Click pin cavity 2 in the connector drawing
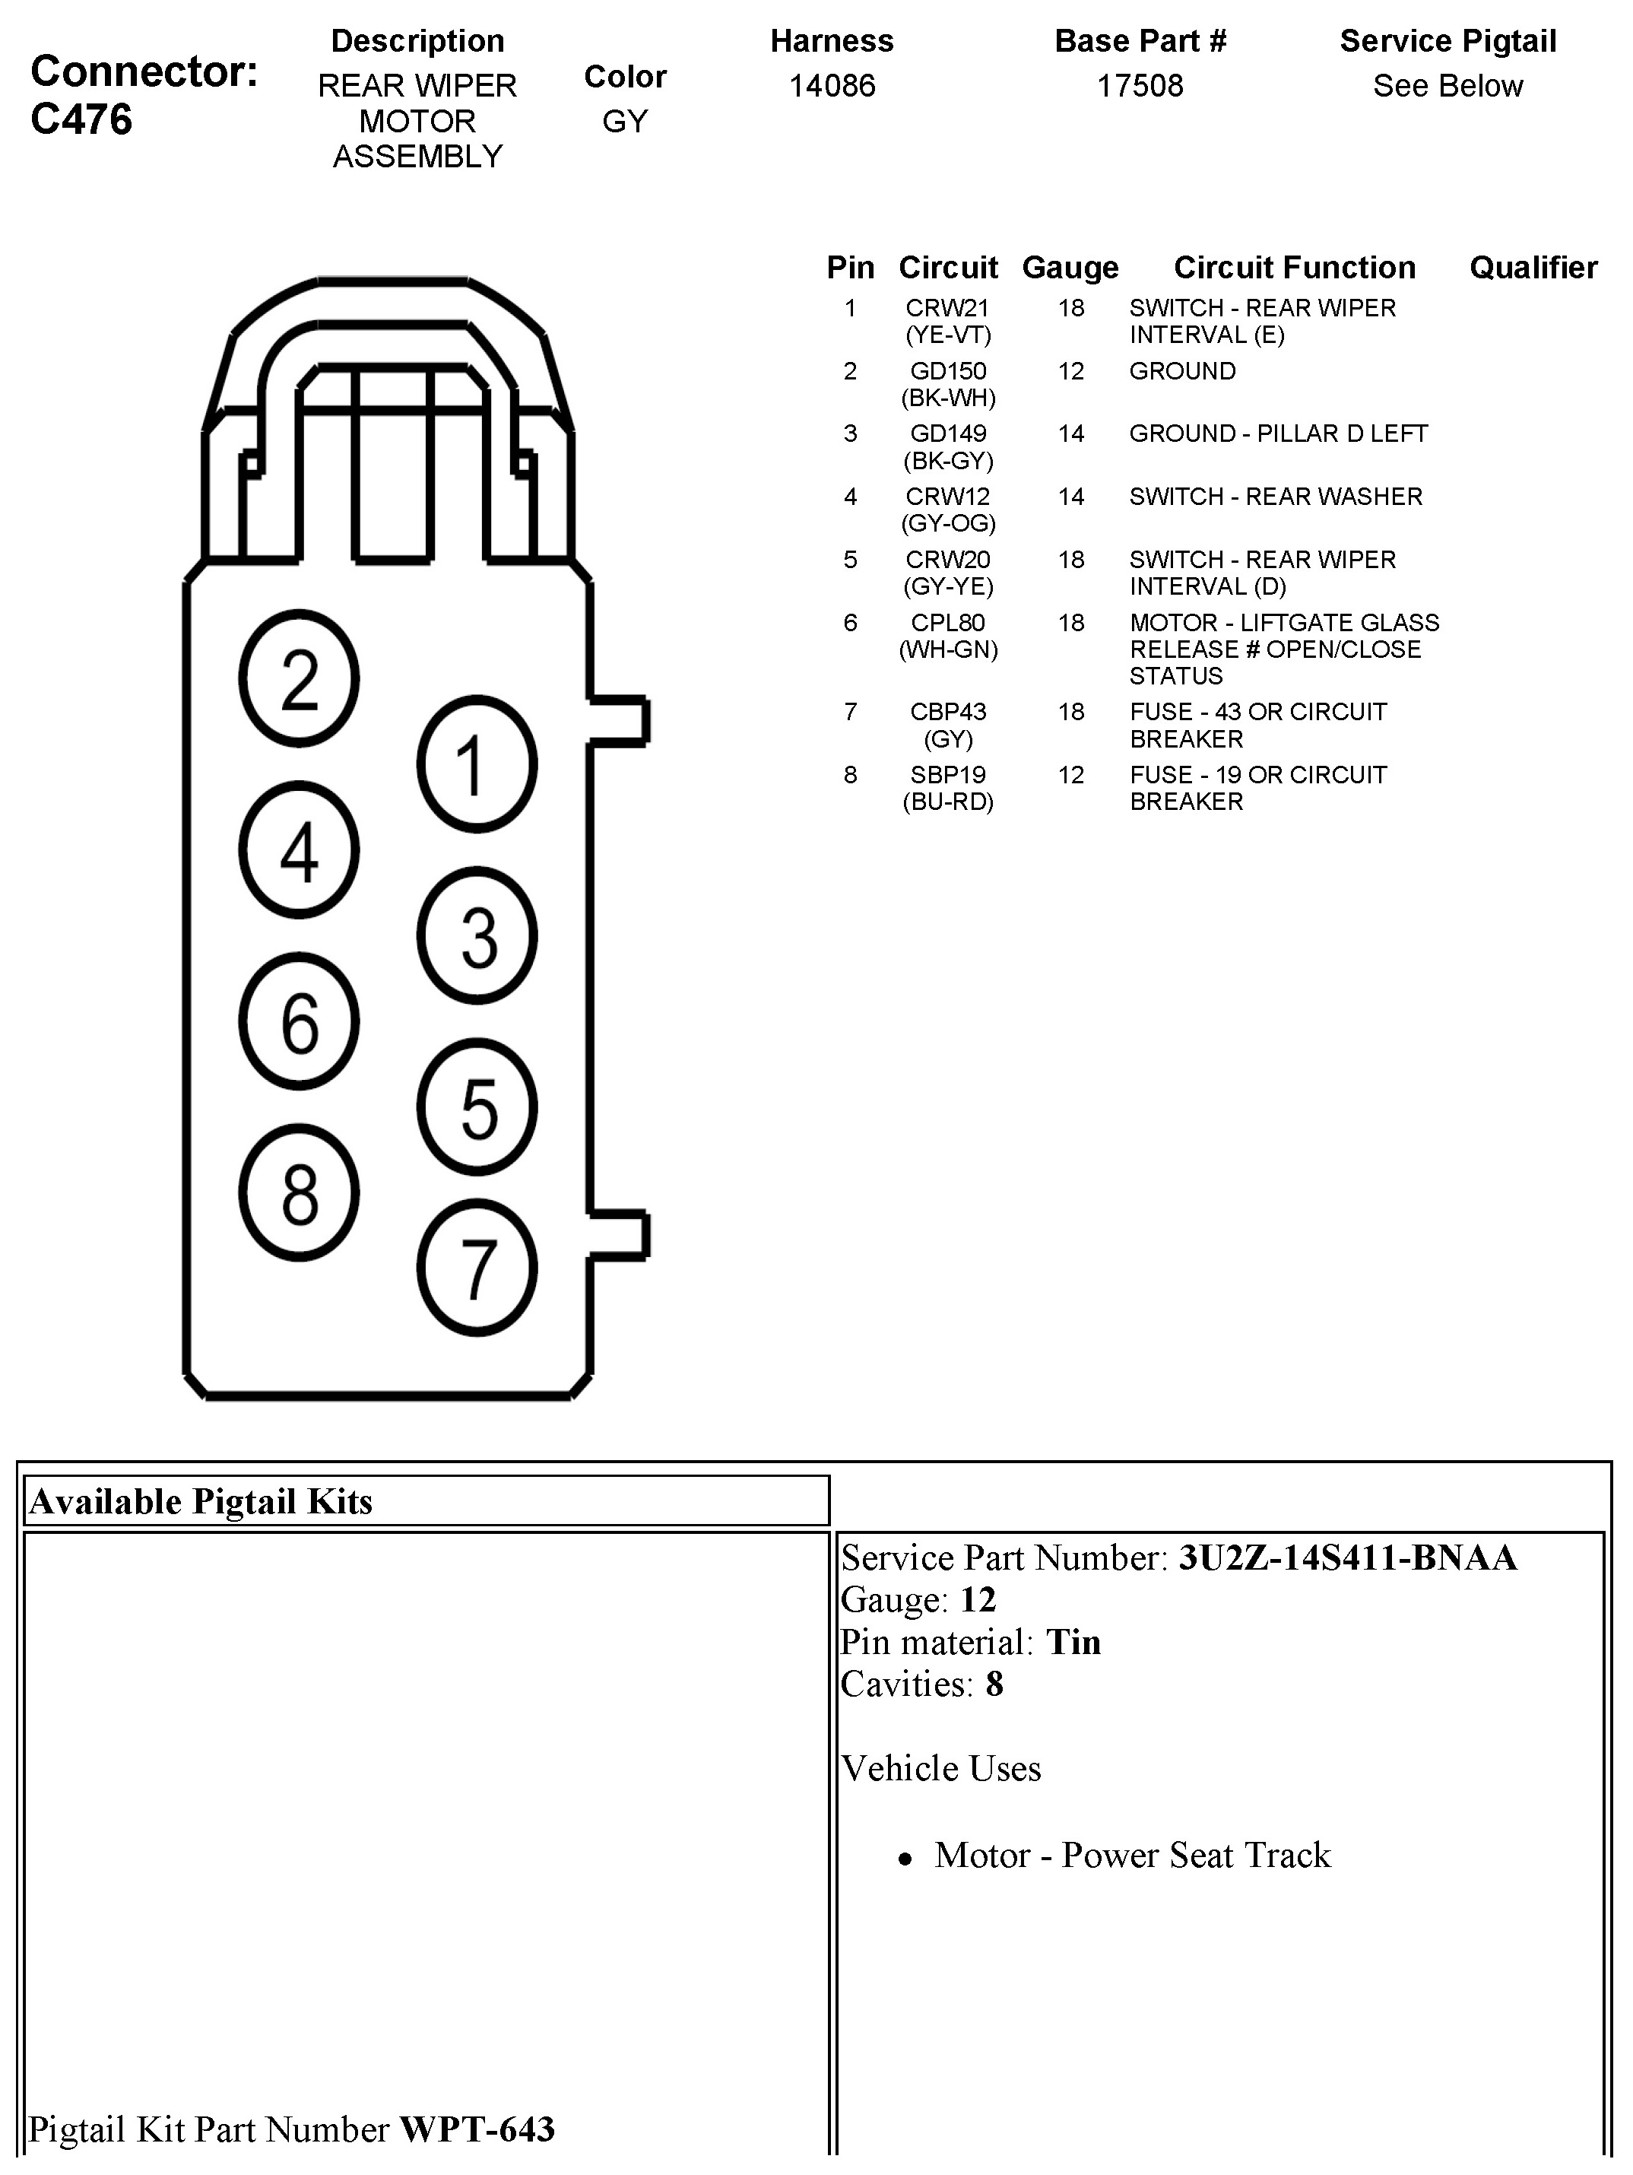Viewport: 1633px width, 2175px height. coord(299,678)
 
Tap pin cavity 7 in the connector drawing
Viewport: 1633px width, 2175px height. coord(477,1268)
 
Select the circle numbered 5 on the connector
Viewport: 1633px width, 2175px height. coord(477,1107)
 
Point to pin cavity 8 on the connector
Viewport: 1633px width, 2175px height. coord(299,1192)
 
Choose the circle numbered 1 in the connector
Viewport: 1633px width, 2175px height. coord(477,764)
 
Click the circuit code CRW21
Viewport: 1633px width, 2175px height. coord(948,308)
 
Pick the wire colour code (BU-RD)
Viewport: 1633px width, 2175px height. coord(948,802)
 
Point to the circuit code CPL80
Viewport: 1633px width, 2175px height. coord(948,622)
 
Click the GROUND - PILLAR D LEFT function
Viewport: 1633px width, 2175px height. coord(1278,433)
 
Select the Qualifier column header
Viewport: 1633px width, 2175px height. coord(1533,268)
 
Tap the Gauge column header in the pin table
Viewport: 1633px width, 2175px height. coord(1070,268)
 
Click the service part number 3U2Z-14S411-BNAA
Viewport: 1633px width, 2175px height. coord(1348,1558)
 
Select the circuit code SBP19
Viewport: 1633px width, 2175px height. coord(948,775)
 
